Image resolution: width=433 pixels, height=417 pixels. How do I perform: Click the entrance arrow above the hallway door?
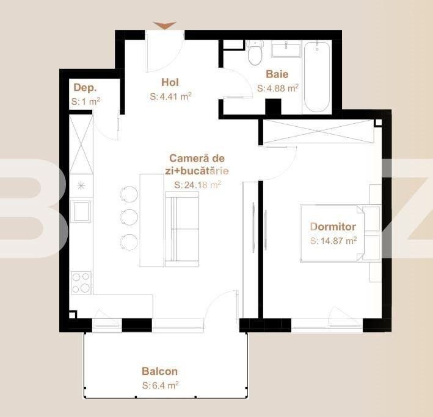pos(164,25)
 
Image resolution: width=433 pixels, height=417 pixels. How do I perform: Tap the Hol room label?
pos(170,82)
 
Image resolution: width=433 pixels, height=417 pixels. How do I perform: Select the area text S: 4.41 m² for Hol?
pos(171,96)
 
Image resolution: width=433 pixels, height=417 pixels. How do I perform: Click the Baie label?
pos(277,74)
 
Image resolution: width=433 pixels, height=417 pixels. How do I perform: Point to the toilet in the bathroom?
pos(255,53)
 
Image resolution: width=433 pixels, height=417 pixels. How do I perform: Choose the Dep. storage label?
pos(85,88)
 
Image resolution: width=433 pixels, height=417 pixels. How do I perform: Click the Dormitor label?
pos(333,227)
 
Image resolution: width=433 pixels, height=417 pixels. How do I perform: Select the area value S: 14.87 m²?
pos(333,241)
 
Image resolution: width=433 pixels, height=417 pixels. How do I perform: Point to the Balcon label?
pos(159,371)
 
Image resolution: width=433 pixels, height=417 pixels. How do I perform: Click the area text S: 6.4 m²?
pos(160,385)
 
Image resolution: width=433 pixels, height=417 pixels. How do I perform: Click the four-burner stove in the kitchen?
pos(81,282)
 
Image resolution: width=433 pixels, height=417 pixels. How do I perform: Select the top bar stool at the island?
pos(128,193)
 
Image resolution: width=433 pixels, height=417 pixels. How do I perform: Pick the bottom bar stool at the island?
pos(129,241)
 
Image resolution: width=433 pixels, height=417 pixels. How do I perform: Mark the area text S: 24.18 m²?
pos(197,185)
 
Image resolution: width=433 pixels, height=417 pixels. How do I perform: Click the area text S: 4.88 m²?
pos(278,88)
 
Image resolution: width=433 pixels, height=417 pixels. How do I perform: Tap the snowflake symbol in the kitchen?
pos(80,185)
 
